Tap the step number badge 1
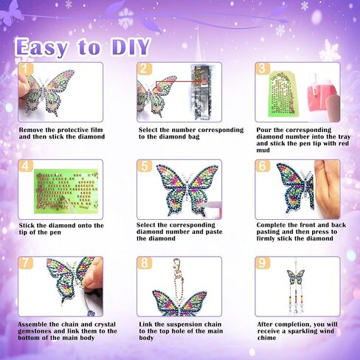(26, 69)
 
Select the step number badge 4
(26, 166)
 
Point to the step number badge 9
(263, 263)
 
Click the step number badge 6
(263, 166)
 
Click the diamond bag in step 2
(201, 92)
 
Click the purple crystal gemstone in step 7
(91, 313)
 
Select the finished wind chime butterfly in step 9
(296, 277)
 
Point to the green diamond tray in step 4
(66, 191)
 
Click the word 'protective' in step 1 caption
(68, 130)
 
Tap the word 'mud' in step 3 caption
(263, 150)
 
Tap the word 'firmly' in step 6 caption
(266, 238)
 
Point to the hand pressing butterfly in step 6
(328, 190)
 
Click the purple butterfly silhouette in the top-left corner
(11, 13)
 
